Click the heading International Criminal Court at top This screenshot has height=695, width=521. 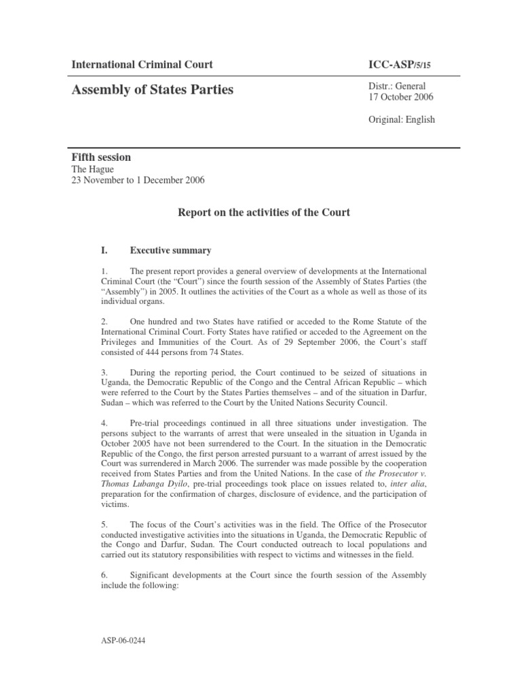(x=142, y=65)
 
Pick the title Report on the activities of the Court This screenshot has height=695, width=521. (x=264, y=212)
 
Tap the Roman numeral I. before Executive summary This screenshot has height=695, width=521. (x=104, y=250)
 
